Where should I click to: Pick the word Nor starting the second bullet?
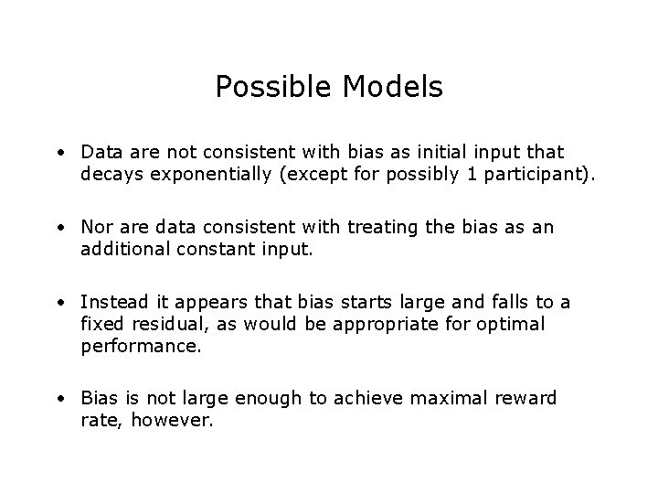click(97, 228)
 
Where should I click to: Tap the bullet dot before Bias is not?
click(58, 400)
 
